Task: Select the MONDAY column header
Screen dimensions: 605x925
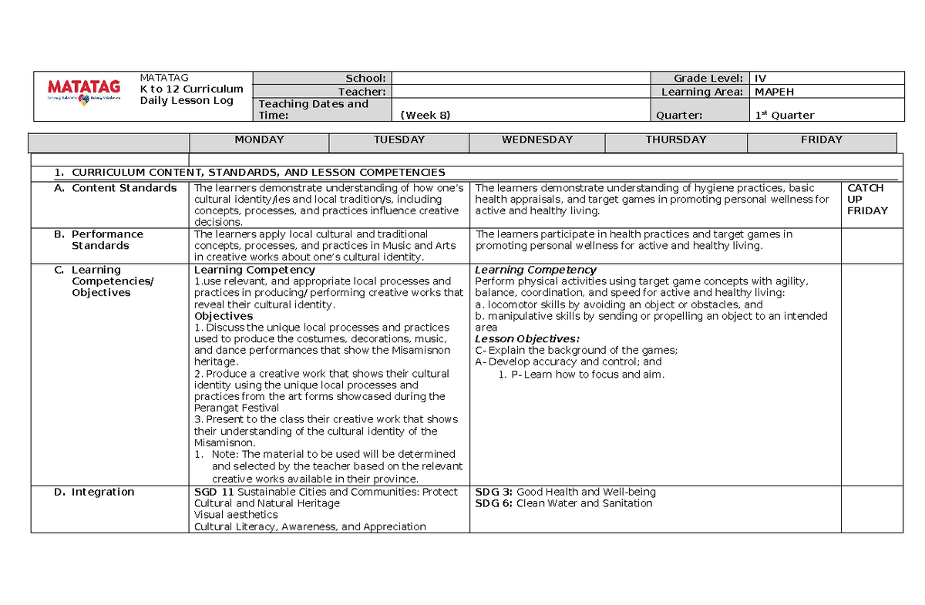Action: (259, 140)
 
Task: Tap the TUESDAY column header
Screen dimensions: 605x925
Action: (399, 140)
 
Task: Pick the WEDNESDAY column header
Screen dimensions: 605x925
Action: (536, 140)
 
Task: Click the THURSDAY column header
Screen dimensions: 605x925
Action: (675, 140)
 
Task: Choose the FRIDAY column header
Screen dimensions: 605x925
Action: (821, 140)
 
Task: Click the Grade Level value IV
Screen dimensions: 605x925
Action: (760, 79)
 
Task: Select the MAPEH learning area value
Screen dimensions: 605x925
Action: (774, 92)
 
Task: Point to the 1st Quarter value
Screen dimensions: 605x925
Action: (784, 116)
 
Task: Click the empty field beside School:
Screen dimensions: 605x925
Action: (521, 79)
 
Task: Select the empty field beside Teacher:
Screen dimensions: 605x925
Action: (521, 92)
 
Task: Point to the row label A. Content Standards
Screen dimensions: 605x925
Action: (116, 188)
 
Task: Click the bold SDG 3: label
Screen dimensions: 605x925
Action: (494, 492)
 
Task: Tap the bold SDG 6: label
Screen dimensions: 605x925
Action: (494, 503)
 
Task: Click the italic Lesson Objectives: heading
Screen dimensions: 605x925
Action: (527, 339)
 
